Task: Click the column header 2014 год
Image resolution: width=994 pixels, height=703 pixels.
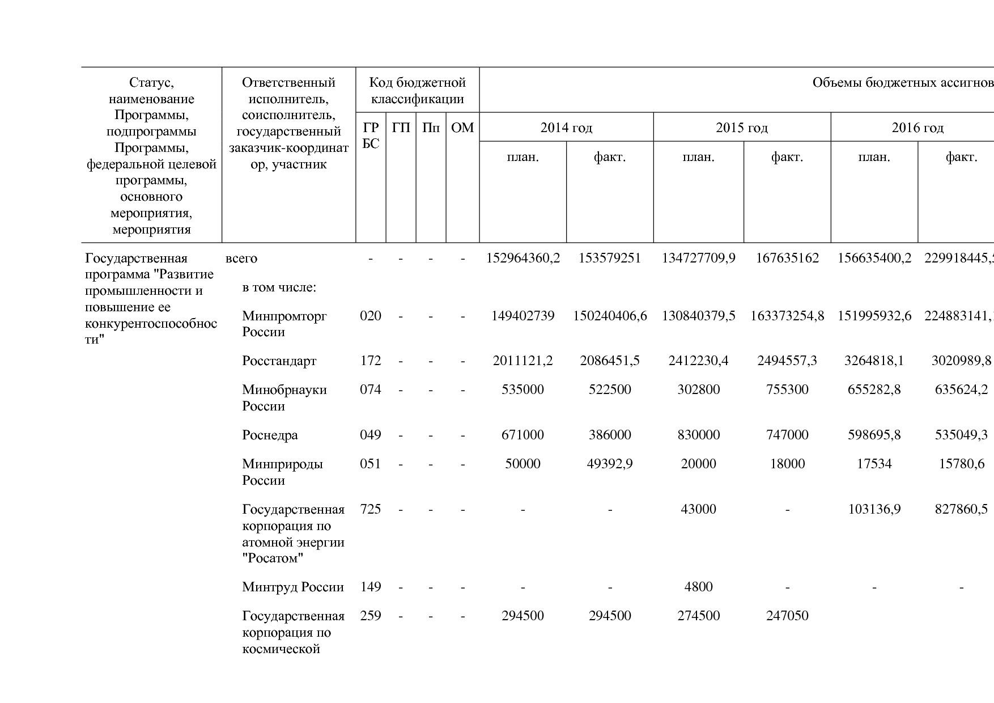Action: (566, 128)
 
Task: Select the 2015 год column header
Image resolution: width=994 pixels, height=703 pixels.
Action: (741, 128)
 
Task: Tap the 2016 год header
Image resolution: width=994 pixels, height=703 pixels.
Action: (917, 128)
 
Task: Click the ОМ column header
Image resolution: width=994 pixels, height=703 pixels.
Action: (462, 128)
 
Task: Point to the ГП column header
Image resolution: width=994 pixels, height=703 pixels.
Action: (401, 128)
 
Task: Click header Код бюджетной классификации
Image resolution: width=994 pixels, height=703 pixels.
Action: (417, 91)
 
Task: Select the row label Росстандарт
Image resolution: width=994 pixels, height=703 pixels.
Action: (279, 361)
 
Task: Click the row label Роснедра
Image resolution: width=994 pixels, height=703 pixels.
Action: (270, 435)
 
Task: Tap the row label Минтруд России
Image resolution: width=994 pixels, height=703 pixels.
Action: (292, 587)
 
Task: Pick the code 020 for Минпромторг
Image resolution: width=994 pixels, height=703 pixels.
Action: (371, 316)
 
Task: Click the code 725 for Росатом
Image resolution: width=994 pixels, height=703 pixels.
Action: (371, 509)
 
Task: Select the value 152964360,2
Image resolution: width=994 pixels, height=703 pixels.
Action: (523, 259)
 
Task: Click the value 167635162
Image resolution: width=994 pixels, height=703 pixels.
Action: (787, 259)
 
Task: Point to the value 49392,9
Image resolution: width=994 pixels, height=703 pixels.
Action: (610, 464)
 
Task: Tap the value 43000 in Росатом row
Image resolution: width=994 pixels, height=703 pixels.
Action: (698, 509)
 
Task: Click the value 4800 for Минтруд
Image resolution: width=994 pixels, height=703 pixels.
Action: (698, 587)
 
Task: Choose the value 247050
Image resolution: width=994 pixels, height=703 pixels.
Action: (787, 616)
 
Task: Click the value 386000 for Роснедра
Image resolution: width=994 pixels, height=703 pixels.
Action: (610, 435)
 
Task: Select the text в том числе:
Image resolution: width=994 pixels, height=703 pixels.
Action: (279, 287)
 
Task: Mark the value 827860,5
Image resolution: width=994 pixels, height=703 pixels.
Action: (961, 509)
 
